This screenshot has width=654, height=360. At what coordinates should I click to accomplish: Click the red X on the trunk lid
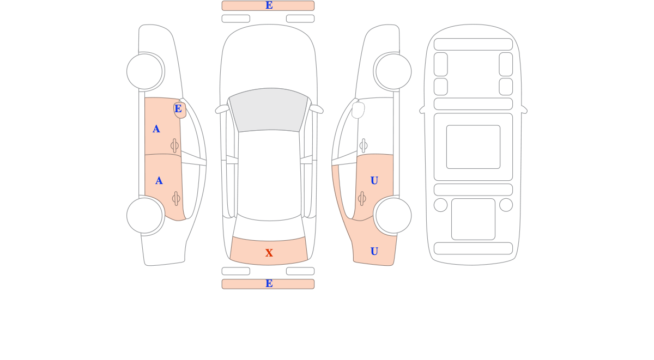click(x=269, y=253)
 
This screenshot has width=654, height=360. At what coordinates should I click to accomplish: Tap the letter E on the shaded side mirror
click(x=178, y=108)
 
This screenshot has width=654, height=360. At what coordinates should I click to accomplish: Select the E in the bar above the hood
click(x=269, y=5)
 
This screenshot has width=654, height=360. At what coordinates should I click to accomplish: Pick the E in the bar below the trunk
click(x=269, y=284)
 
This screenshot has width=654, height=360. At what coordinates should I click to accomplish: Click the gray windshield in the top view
click(x=269, y=109)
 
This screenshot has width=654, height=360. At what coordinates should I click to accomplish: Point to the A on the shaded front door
click(x=156, y=129)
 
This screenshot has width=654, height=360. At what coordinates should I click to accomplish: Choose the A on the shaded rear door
click(x=159, y=181)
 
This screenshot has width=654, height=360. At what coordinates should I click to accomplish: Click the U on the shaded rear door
click(x=374, y=181)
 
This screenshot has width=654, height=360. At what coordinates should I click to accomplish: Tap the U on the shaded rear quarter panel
click(x=374, y=251)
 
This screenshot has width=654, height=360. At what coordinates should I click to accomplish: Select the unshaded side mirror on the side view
click(x=358, y=110)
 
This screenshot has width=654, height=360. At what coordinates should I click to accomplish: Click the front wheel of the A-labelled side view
click(x=144, y=71)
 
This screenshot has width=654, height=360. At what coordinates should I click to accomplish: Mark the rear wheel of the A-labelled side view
click(x=144, y=216)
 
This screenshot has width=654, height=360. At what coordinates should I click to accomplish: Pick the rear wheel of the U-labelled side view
click(x=393, y=216)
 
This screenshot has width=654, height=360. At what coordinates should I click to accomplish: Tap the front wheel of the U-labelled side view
click(x=393, y=71)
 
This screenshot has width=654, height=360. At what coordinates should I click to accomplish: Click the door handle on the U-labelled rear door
click(x=362, y=199)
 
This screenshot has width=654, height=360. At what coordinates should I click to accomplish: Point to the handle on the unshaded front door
click(x=364, y=145)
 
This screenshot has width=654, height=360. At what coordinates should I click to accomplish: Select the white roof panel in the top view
click(x=269, y=175)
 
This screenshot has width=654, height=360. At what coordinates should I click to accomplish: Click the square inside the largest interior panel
click(x=473, y=147)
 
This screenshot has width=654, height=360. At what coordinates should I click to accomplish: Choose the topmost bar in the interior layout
click(x=473, y=44)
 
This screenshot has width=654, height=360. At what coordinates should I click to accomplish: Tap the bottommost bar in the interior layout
click(x=473, y=248)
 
